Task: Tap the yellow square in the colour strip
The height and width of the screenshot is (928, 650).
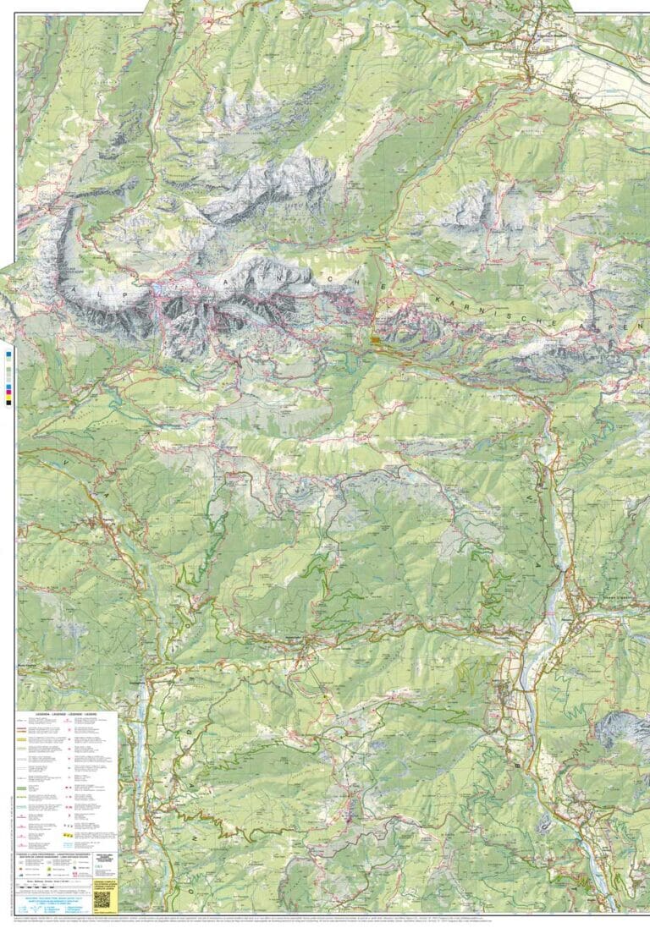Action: [8, 394]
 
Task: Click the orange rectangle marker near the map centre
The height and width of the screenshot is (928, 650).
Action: [375, 339]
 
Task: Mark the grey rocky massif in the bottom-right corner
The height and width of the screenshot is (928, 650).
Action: [622, 729]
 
